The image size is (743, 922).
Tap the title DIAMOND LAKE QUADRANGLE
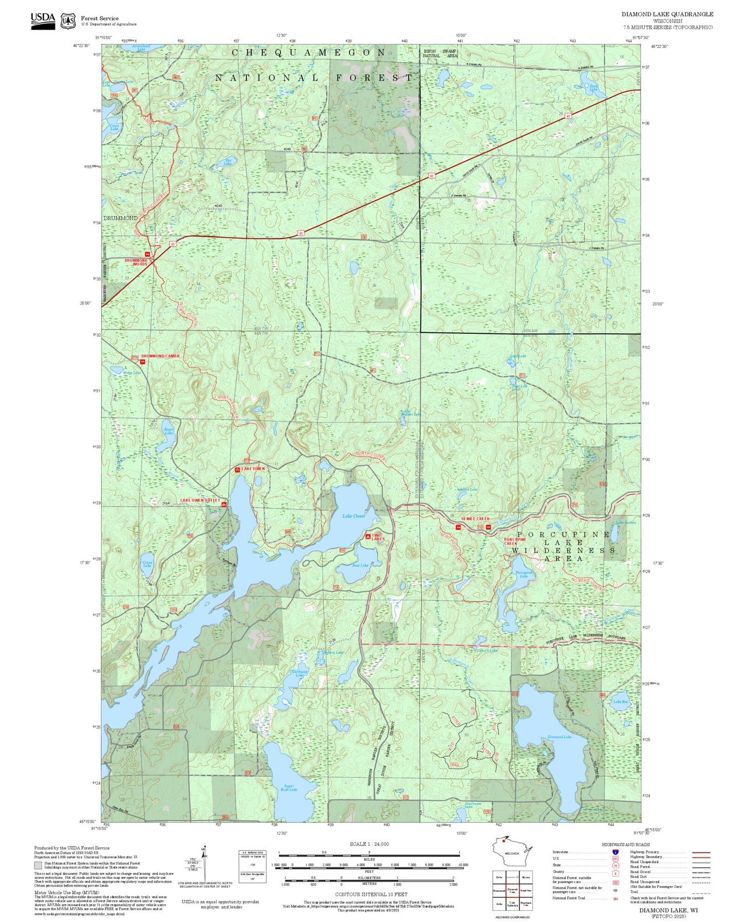[x=667, y=14]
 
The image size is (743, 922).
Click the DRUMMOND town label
[x=120, y=218]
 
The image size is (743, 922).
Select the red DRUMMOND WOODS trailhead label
[x=136, y=262]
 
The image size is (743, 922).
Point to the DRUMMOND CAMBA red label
[x=160, y=356]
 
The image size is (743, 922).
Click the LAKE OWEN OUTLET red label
[x=200, y=500]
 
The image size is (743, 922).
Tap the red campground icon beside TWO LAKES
[x=368, y=536]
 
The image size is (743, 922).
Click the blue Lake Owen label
[x=354, y=515]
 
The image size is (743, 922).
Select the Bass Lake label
[x=360, y=565]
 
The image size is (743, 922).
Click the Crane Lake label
[x=147, y=564]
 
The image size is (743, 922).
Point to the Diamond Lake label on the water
[x=559, y=736]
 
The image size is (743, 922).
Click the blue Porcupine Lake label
[x=524, y=574]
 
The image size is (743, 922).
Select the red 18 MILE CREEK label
[x=476, y=519]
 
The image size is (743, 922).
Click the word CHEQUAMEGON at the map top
[x=309, y=52]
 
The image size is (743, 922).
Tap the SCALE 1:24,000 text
[x=369, y=844]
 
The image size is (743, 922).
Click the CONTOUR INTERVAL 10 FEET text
[x=371, y=895]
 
